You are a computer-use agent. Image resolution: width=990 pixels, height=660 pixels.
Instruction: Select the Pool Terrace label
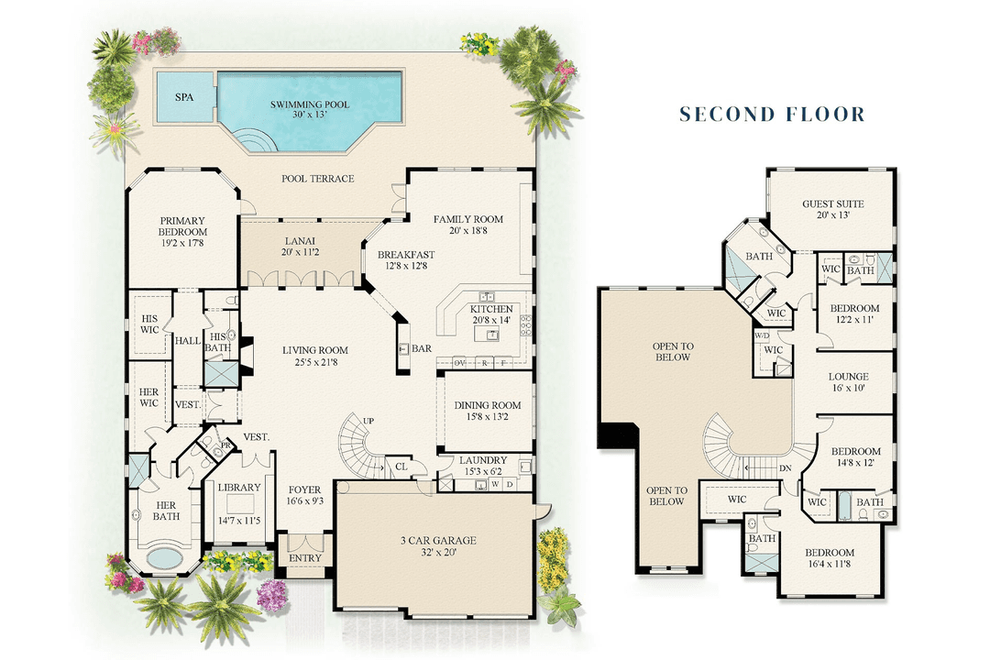pos(317,178)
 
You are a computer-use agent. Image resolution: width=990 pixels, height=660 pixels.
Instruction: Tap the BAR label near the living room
pos(421,349)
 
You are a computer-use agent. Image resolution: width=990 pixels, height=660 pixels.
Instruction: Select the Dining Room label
pos(488,412)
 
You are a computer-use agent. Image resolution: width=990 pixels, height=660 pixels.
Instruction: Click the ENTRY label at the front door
pos(304,558)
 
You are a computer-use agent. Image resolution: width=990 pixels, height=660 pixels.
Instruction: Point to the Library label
pos(239,495)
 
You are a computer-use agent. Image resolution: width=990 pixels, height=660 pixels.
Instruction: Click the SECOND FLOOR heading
pos(771,115)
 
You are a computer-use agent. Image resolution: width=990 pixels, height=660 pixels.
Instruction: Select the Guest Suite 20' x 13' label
pos(832,210)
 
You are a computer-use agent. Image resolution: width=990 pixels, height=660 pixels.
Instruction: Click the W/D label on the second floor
pos(761,335)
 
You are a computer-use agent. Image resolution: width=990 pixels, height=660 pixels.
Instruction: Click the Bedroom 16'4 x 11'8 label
pos(830,558)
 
